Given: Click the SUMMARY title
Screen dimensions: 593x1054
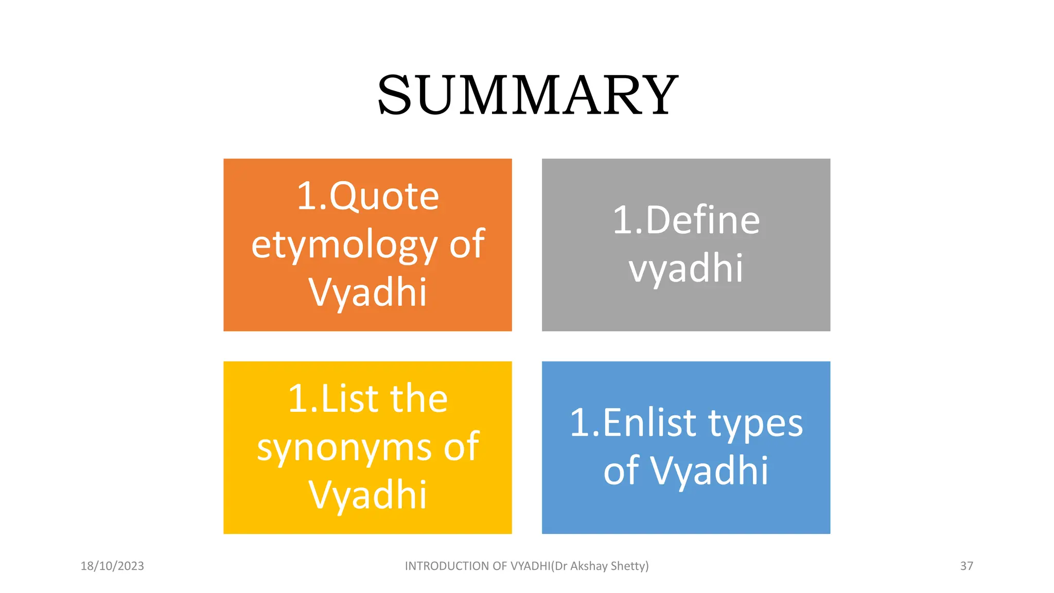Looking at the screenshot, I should coord(528,95).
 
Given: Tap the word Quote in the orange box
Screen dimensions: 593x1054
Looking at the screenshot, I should coord(384,197).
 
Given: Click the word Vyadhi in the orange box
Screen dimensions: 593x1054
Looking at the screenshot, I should coord(368,292).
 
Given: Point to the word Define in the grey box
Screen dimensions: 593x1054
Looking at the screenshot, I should coord(702,220).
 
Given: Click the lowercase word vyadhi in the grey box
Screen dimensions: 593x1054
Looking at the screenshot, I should coord(686,268).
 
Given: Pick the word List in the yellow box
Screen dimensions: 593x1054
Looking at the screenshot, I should coord(350,399).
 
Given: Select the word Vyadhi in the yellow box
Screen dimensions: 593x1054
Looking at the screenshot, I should coord(368,495).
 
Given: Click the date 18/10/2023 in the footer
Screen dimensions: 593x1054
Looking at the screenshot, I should coord(112,566).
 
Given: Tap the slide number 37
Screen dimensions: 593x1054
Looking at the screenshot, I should coord(967,566).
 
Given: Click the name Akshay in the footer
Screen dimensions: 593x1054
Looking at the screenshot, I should coord(589,566).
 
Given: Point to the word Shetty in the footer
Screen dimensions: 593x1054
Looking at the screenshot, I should coord(629,566).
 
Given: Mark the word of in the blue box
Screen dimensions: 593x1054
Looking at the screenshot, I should coord(621,471).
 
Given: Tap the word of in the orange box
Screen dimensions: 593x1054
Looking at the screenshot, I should coord(467,244).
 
